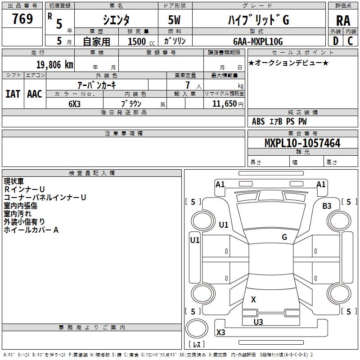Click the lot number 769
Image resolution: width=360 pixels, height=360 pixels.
(x=22, y=19)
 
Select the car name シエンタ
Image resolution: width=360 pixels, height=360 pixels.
(x=117, y=19)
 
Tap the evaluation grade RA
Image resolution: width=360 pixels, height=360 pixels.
(x=343, y=20)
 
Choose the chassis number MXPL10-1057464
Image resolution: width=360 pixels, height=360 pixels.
(x=302, y=144)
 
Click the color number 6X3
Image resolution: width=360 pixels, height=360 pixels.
(x=75, y=103)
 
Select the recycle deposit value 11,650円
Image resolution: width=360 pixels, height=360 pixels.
(x=228, y=103)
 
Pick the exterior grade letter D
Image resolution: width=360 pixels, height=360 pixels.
(x=335, y=41)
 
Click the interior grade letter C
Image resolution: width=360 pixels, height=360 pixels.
(x=350, y=41)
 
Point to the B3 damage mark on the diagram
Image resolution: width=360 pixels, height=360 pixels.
(x=327, y=206)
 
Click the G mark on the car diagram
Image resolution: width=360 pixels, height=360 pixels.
(x=284, y=237)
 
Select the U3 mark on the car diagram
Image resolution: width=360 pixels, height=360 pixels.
(x=258, y=322)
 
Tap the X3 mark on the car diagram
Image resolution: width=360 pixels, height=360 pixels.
(x=221, y=333)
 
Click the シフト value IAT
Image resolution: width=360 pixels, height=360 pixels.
(x=13, y=94)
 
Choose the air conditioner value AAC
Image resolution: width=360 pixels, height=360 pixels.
(x=35, y=94)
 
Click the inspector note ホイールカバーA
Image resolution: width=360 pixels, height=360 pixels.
(x=31, y=230)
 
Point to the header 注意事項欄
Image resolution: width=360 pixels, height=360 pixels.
(x=123, y=134)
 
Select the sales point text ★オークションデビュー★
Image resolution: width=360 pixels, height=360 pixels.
(x=288, y=63)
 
